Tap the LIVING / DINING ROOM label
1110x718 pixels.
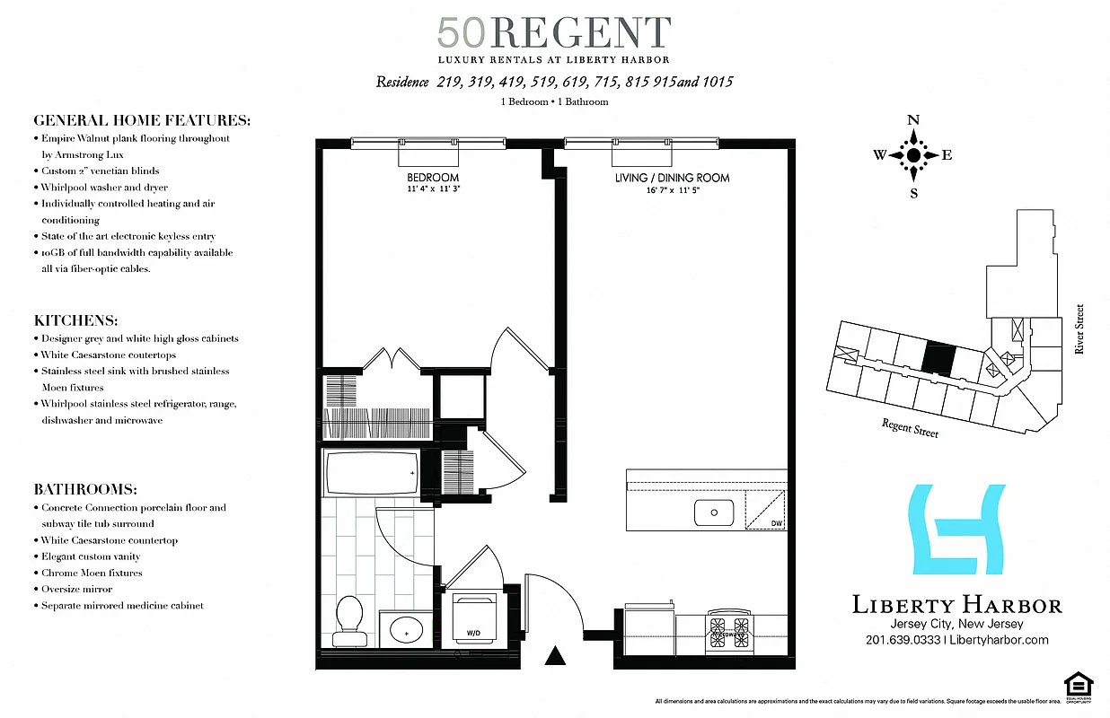672,178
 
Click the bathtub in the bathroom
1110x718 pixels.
371,473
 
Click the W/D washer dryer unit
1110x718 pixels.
472,618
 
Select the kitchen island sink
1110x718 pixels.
715,512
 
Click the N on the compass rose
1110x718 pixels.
913,120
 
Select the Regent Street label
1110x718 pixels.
910,427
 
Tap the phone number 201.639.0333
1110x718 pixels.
903,640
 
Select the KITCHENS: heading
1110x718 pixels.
75,320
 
